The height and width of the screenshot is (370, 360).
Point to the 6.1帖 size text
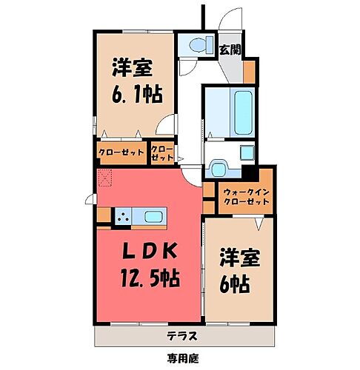pos(133,95)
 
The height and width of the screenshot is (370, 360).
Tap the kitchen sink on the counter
pos(155,217)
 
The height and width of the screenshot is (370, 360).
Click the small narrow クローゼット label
pos(161,153)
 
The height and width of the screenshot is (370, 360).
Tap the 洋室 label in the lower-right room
pos(239,259)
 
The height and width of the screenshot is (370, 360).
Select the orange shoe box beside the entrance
pos(250,71)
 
